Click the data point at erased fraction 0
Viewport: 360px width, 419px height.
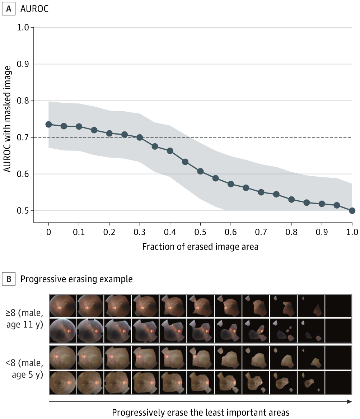(48, 124)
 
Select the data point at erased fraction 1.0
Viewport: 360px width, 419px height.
(352, 211)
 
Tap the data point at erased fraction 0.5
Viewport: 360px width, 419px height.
(200, 171)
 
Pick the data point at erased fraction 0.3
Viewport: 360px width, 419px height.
(140, 138)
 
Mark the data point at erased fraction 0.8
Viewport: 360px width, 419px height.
(291, 200)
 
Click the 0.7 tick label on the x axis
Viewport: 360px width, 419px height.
(261, 232)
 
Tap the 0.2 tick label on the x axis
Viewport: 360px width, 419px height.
(109, 232)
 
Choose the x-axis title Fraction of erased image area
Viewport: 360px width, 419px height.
(200, 247)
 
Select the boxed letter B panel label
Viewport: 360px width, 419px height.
(8, 279)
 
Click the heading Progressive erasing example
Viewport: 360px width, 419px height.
(76, 279)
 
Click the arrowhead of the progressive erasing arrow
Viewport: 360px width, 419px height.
(350, 401)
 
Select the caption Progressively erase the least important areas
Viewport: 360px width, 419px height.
(200, 413)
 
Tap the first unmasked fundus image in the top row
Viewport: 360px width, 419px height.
(62, 305)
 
